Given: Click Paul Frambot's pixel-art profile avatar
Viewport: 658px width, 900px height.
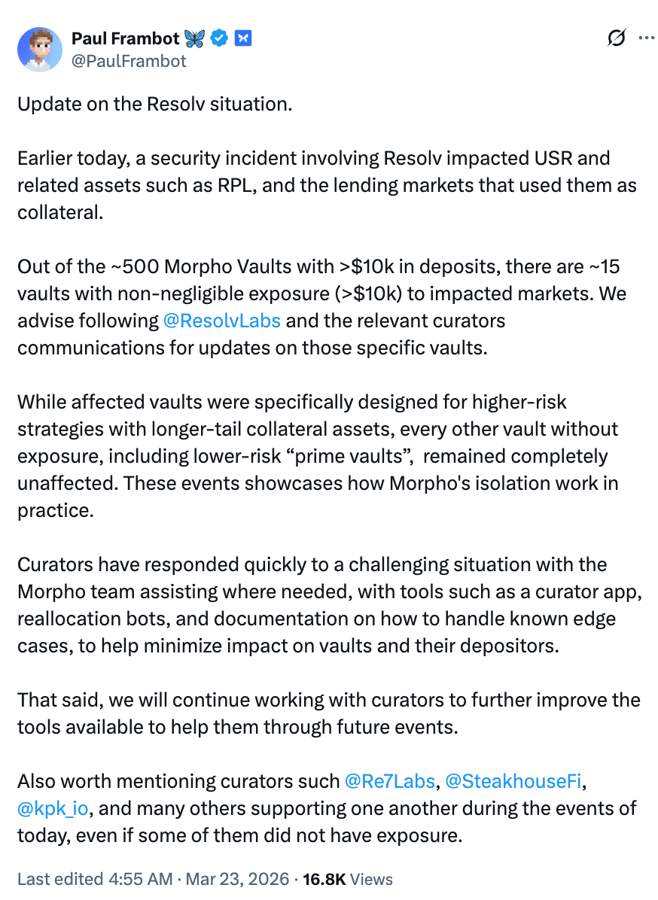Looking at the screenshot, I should [39, 50].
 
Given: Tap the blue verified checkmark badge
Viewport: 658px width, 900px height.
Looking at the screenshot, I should [219, 38].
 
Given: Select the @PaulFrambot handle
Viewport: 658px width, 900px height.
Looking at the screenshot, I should [128, 61].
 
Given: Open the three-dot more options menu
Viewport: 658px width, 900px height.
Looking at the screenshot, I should [646, 38].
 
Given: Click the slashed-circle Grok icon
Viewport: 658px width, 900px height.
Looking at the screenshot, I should [616, 38].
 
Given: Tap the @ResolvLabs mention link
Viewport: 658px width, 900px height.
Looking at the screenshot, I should [221, 321].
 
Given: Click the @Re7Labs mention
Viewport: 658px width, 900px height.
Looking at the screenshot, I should [389, 781].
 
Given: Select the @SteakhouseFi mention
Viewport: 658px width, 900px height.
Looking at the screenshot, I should [513, 781].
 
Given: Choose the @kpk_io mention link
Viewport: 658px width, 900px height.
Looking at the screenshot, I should [53, 808].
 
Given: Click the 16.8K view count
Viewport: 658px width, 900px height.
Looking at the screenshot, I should [323, 879].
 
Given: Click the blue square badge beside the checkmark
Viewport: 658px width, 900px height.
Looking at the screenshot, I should [242, 38].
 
